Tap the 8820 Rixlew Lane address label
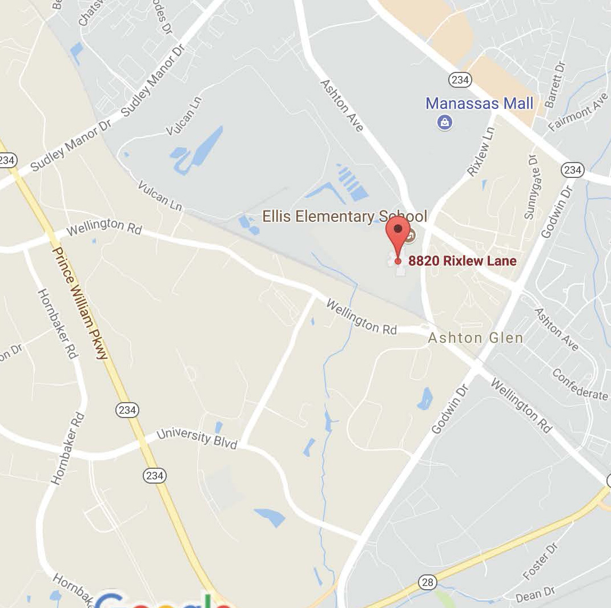pyautogui.click(x=462, y=261)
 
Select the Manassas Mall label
pyautogui.click(x=480, y=103)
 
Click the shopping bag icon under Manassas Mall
pyautogui.click(x=445, y=122)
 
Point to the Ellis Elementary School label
pyautogui.click(x=344, y=217)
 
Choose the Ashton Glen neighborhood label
pyautogui.click(x=476, y=338)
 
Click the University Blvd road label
pyautogui.click(x=196, y=437)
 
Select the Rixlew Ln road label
pyautogui.click(x=480, y=151)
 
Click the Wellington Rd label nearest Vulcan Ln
pyautogui.click(x=103, y=227)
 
